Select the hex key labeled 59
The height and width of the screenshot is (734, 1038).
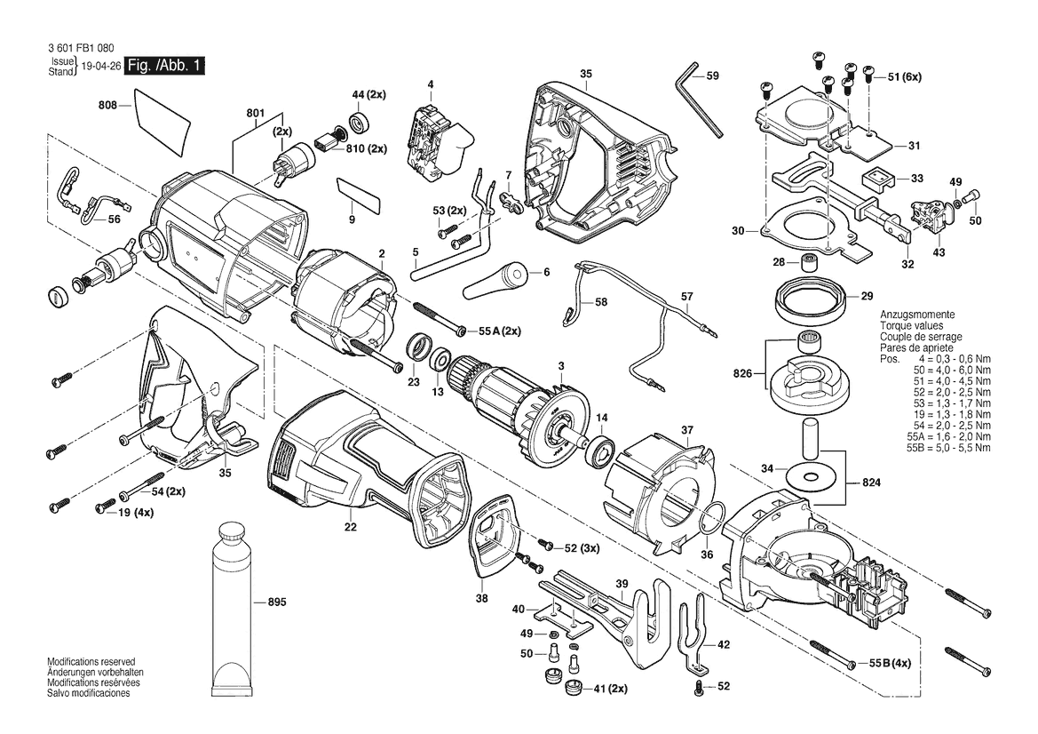click(x=699, y=100)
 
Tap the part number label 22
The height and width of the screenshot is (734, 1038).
click(x=350, y=527)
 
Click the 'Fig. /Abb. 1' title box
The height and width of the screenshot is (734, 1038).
click(x=165, y=65)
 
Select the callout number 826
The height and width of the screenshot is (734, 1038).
click(x=743, y=373)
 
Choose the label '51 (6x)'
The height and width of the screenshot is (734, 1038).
click(x=904, y=76)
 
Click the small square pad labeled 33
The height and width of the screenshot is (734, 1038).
click(x=878, y=179)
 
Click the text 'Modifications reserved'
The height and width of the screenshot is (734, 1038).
click(x=91, y=662)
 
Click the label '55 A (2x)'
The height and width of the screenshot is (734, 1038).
click(x=495, y=331)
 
